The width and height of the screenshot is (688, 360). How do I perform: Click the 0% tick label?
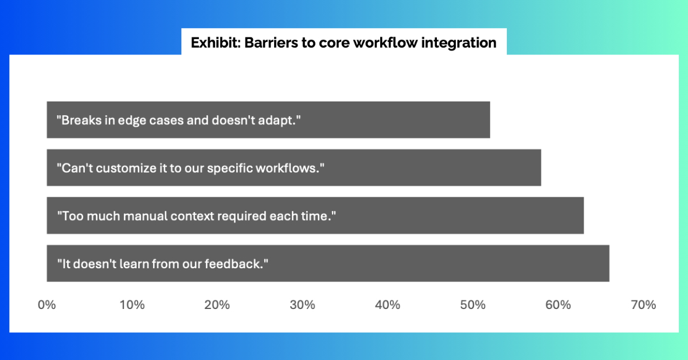[x=46, y=305]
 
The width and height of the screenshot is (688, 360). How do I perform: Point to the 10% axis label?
[x=132, y=305]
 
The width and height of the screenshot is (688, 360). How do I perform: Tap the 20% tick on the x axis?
[x=217, y=305]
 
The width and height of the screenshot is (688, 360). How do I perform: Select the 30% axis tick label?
[x=303, y=305]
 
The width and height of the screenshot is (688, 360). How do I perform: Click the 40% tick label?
[x=388, y=305]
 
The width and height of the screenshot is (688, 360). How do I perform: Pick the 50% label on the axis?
[x=473, y=305]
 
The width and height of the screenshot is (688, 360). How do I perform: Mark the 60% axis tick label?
[x=558, y=305]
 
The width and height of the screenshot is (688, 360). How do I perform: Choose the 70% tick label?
[x=643, y=305]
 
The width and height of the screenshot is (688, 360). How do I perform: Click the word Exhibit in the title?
[x=216, y=42]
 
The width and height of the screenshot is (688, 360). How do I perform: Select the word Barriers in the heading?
[x=271, y=42]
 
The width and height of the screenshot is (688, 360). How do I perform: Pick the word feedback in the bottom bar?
[x=234, y=264]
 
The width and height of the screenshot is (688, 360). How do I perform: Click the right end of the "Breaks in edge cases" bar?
[x=490, y=120]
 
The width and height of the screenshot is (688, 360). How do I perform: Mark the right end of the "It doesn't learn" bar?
[x=609, y=263]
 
